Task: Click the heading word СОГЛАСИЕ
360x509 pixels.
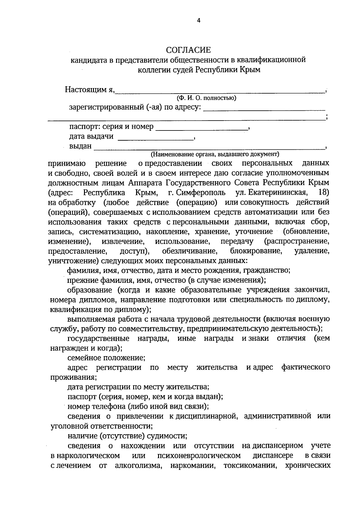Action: (x=189, y=50)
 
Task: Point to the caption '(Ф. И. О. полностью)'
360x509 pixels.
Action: (x=207, y=98)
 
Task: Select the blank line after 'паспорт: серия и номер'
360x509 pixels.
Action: (x=202, y=129)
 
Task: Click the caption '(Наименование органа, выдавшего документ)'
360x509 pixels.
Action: (x=215, y=154)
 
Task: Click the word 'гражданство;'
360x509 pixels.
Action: (x=266, y=271)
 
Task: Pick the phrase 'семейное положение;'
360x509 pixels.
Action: (x=106, y=358)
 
